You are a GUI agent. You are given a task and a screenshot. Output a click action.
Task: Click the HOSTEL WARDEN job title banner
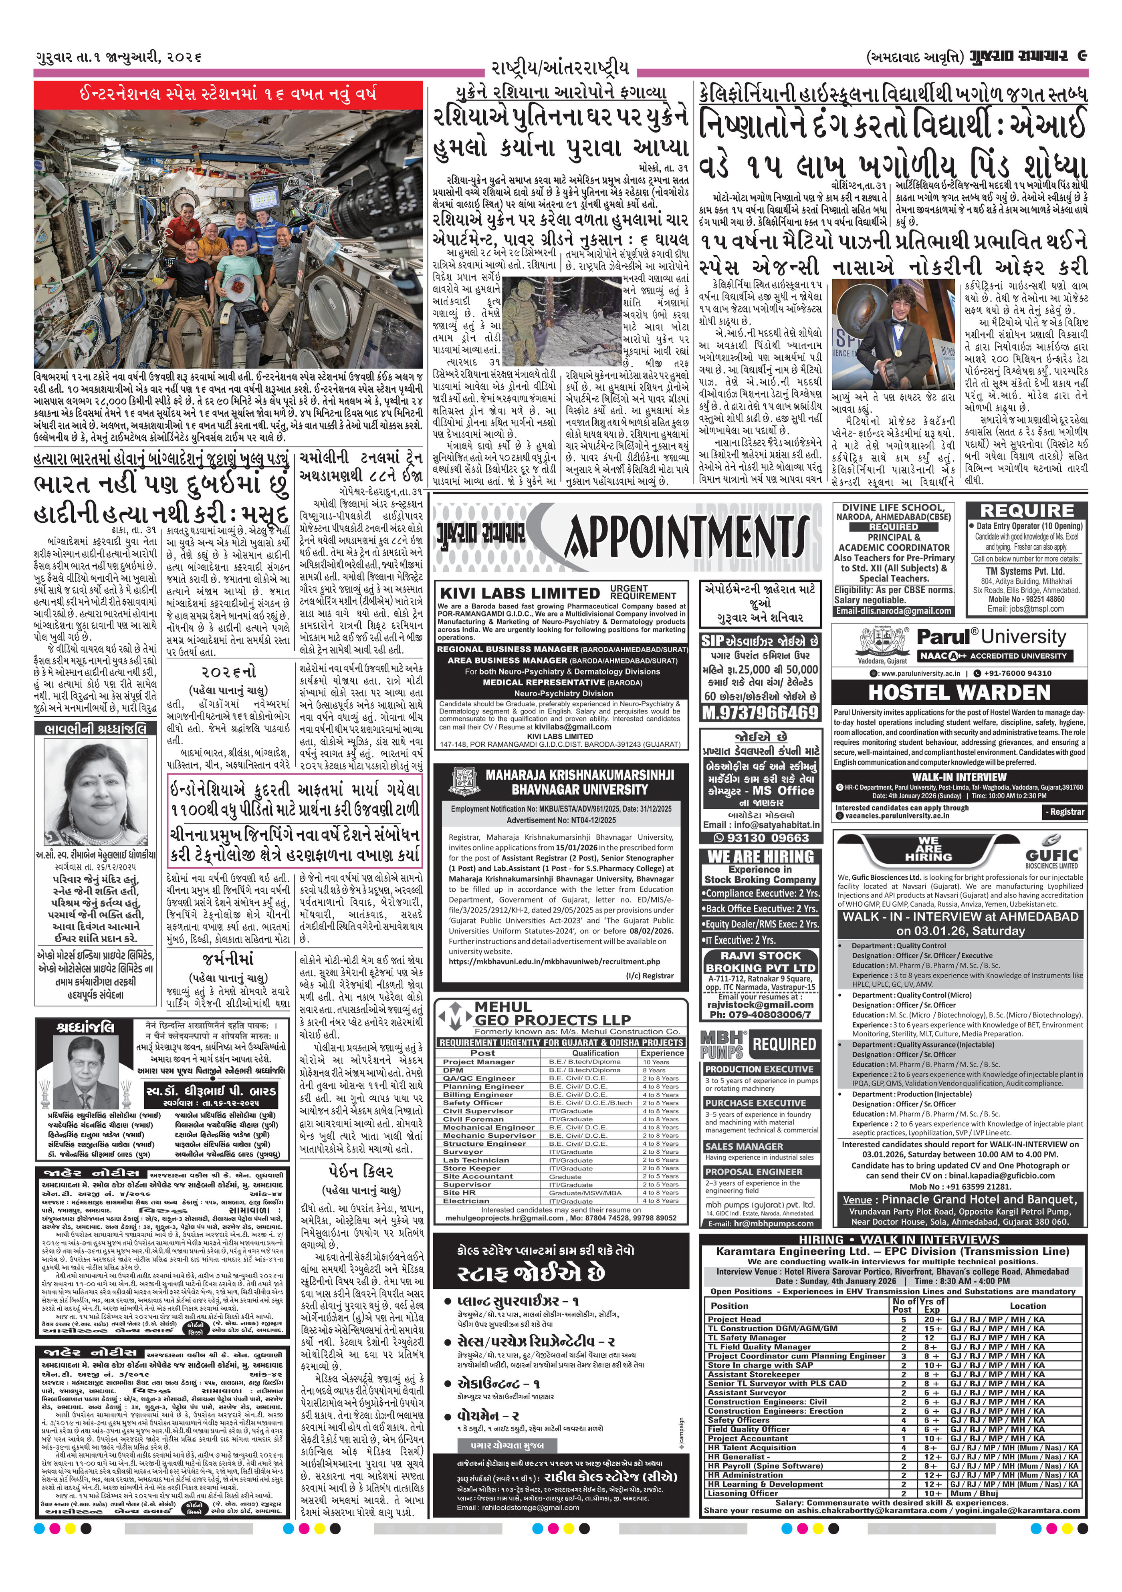coord(959,692)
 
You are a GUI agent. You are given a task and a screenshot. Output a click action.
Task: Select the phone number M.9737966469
coord(759,713)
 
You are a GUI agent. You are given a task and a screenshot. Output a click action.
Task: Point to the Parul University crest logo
coord(877,643)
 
